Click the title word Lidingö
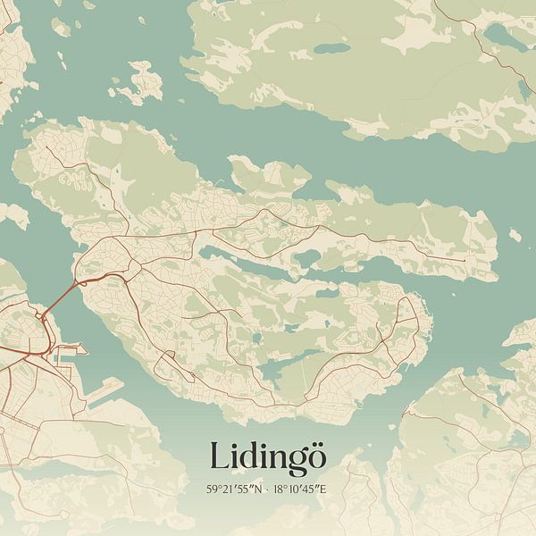point(268,456)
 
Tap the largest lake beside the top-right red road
point(500,36)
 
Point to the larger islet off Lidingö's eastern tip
point(516,235)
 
